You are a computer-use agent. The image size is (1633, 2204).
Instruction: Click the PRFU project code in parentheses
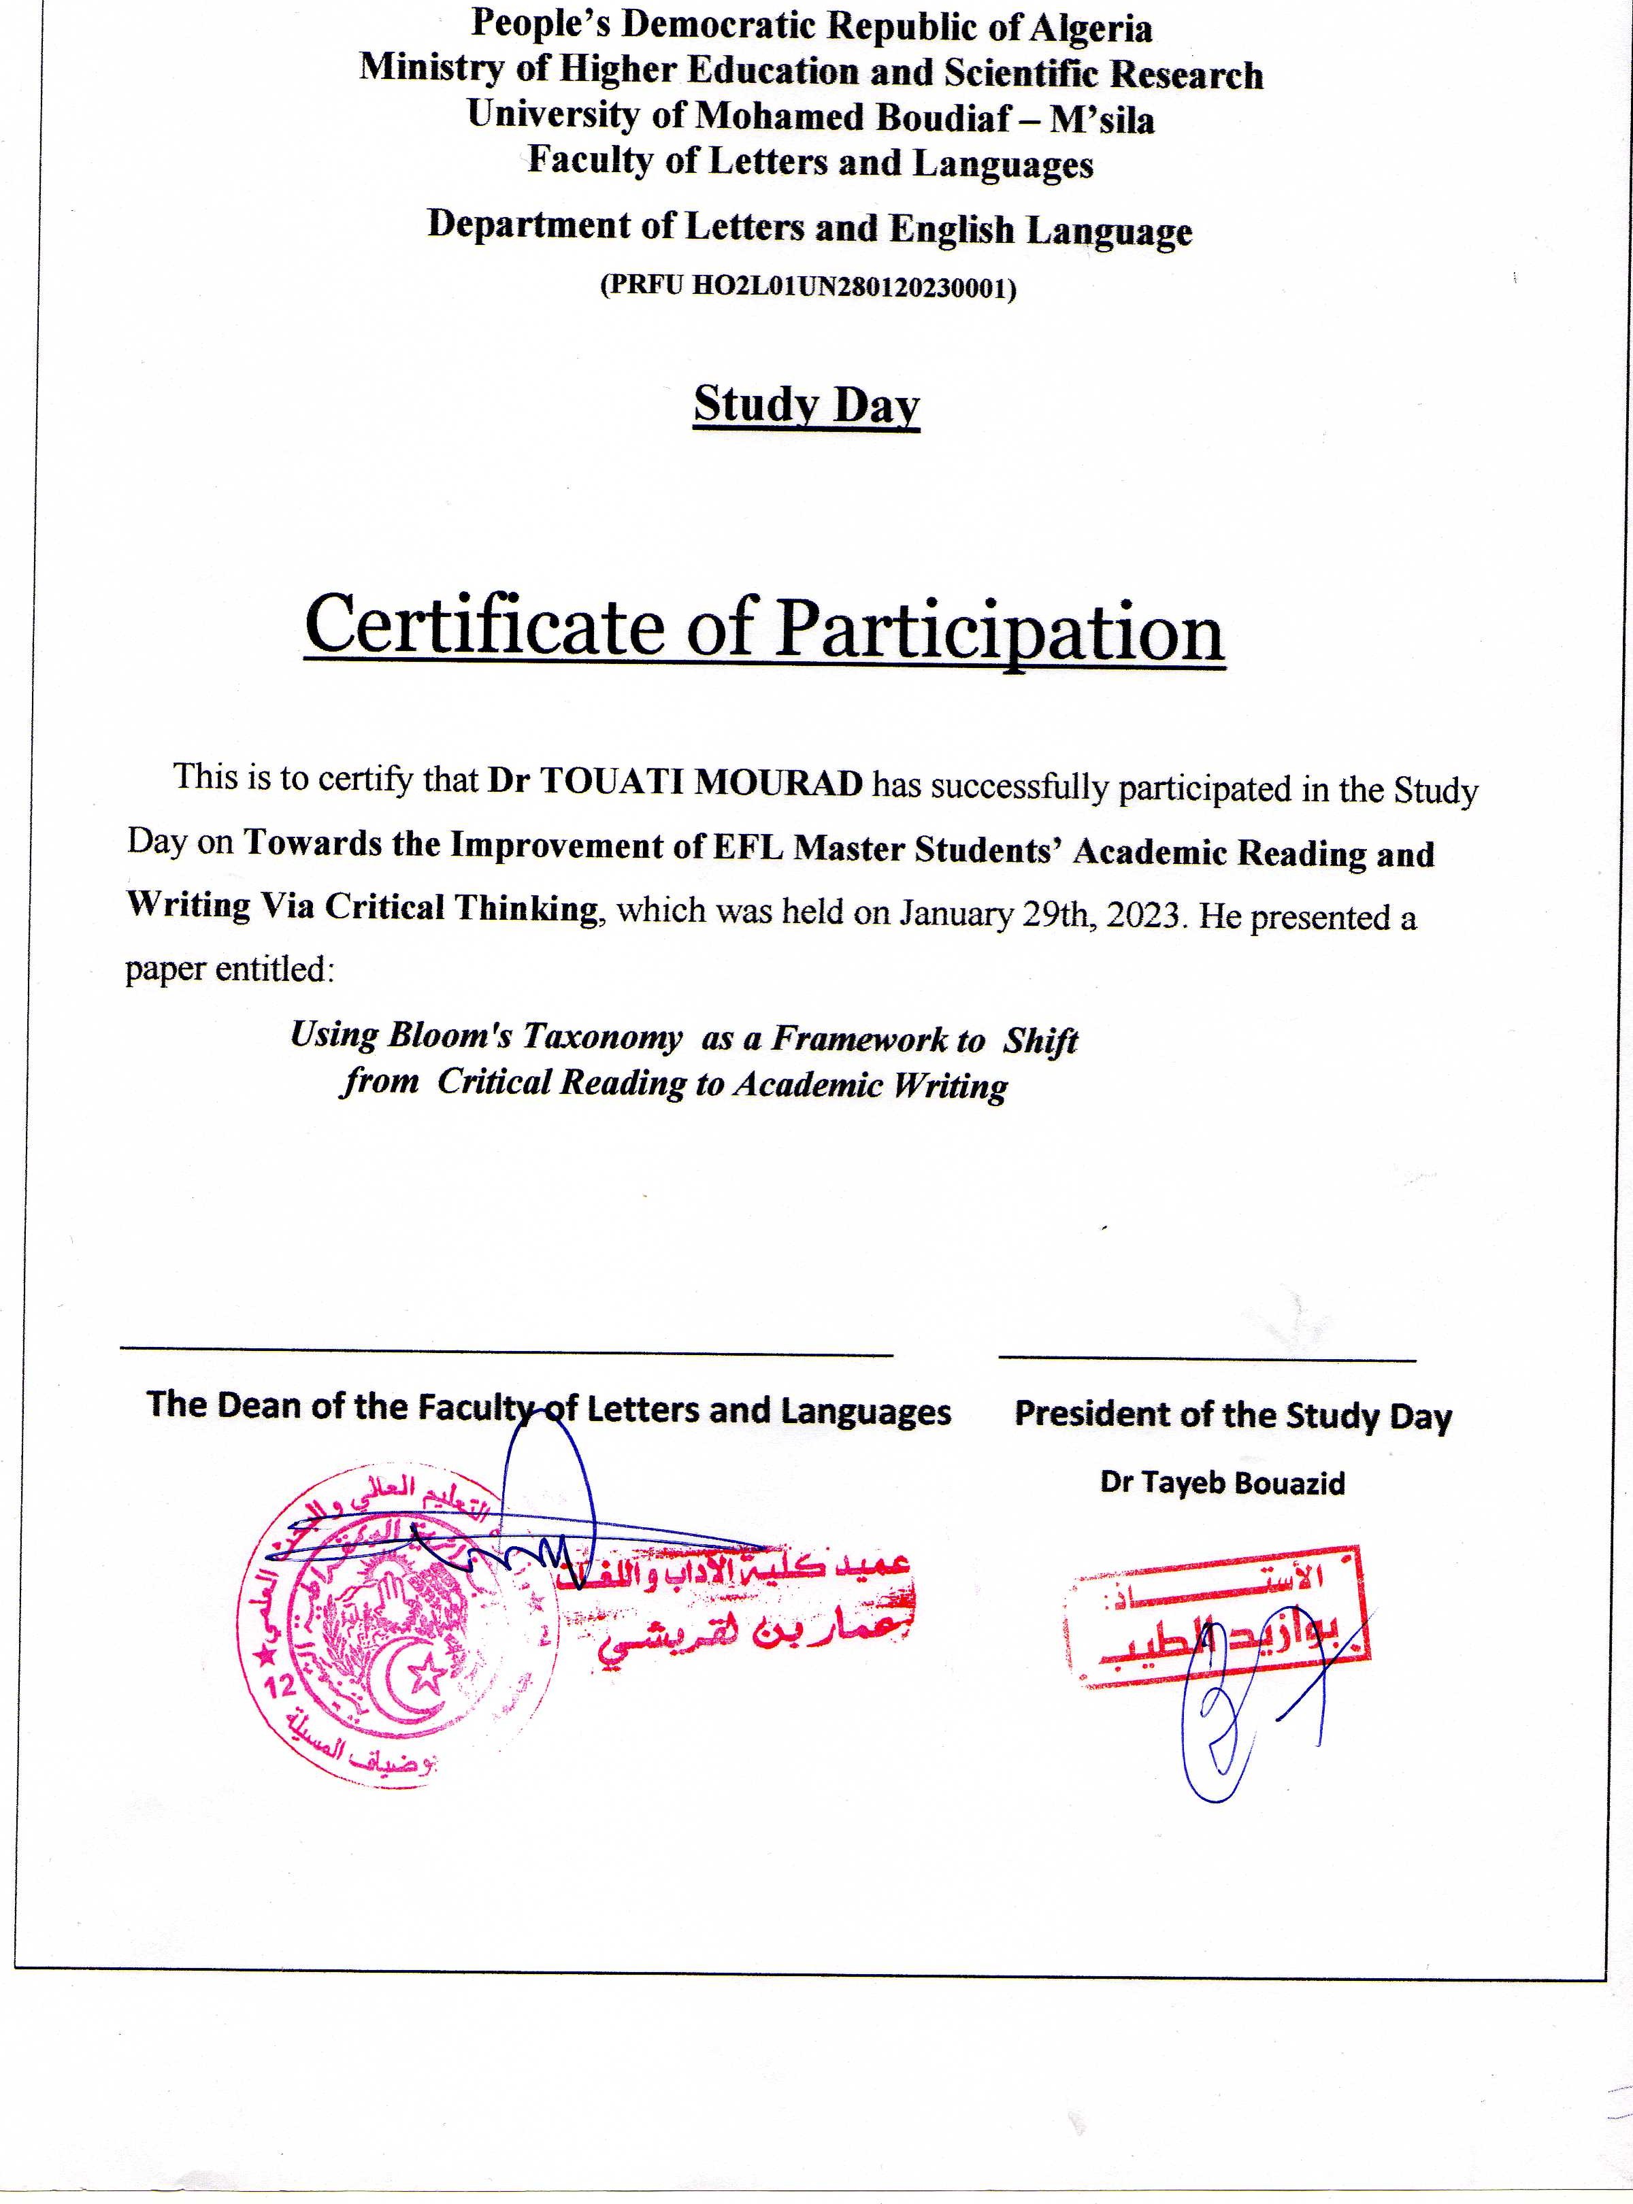pos(808,288)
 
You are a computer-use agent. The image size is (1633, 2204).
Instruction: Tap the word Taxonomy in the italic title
pos(602,1037)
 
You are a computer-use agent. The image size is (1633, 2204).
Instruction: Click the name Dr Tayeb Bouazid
pos(1222,1482)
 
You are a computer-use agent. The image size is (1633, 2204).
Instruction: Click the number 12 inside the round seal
pos(282,1685)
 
